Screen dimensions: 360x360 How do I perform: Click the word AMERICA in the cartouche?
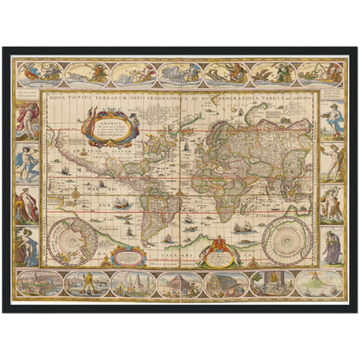110,122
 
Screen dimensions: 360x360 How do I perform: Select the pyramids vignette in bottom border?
130,284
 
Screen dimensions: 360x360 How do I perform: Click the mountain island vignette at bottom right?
319,284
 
